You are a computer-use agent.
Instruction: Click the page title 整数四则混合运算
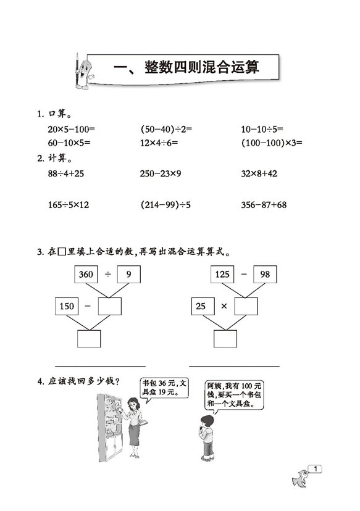point(201,67)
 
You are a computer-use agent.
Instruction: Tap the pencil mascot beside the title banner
point(83,72)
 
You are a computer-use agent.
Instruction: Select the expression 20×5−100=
point(71,130)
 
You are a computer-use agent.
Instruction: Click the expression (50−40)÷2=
point(166,130)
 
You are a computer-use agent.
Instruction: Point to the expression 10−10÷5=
point(262,130)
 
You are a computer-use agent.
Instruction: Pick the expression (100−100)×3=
point(272,143)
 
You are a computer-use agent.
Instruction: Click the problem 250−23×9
point(161,173)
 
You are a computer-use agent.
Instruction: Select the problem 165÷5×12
point(68,205)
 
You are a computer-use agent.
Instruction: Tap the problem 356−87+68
point(264,205)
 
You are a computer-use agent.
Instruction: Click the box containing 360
point(86,274)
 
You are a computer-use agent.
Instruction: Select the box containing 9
point(129,274)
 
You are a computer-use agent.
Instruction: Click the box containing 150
point(67,306)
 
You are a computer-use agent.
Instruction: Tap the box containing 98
point(265,274)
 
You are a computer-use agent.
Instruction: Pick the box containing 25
point(203,306)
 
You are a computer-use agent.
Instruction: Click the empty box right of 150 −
point(110,306)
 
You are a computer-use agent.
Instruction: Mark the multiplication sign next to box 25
point(224,306)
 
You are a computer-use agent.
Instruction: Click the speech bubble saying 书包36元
point(165,388)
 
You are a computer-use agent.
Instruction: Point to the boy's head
point(206,421)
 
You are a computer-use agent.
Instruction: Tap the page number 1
point(316,469)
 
